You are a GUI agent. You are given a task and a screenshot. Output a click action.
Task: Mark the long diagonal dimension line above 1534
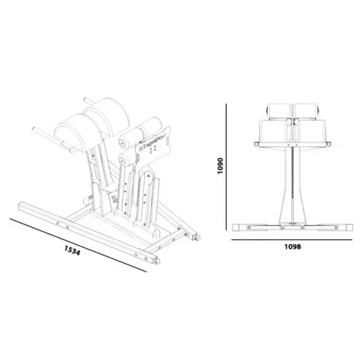click(x=76, y=238)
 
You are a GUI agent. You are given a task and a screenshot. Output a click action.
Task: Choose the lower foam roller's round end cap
click(x=123, y=161)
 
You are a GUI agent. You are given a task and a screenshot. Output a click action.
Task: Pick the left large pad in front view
click(x=275, y=130)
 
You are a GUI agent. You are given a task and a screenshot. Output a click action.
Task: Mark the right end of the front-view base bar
click(x=345, y=227)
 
